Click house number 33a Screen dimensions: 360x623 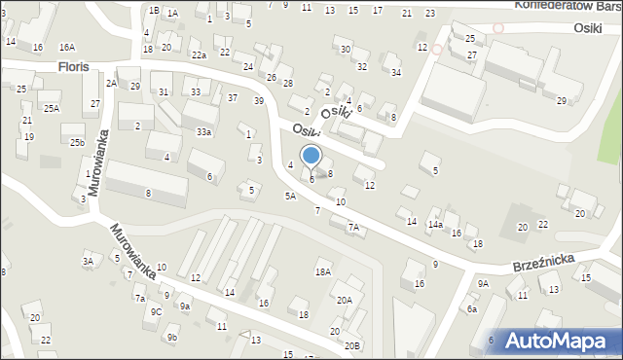[x=203, y=131]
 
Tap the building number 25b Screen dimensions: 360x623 [x=77, y=143]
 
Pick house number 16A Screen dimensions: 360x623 [x=66, y=47]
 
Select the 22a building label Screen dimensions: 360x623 [x=199, y=55]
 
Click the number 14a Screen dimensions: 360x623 [x=435, y=225]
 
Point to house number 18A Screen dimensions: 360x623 [x=323, y=272]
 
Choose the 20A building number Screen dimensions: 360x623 [x=345, y=301]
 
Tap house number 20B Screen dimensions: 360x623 [x=351, y=345]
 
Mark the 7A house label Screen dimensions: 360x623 [x=354, y=228]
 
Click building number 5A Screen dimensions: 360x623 [x=290, y=196]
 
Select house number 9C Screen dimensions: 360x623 [x=156, y=312]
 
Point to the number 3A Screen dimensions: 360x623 [x=88, y=261]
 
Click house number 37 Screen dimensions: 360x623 [x=233, y=97]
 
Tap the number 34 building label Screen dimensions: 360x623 [x=395, y=72]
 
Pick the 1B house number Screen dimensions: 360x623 [x=154, y=10]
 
